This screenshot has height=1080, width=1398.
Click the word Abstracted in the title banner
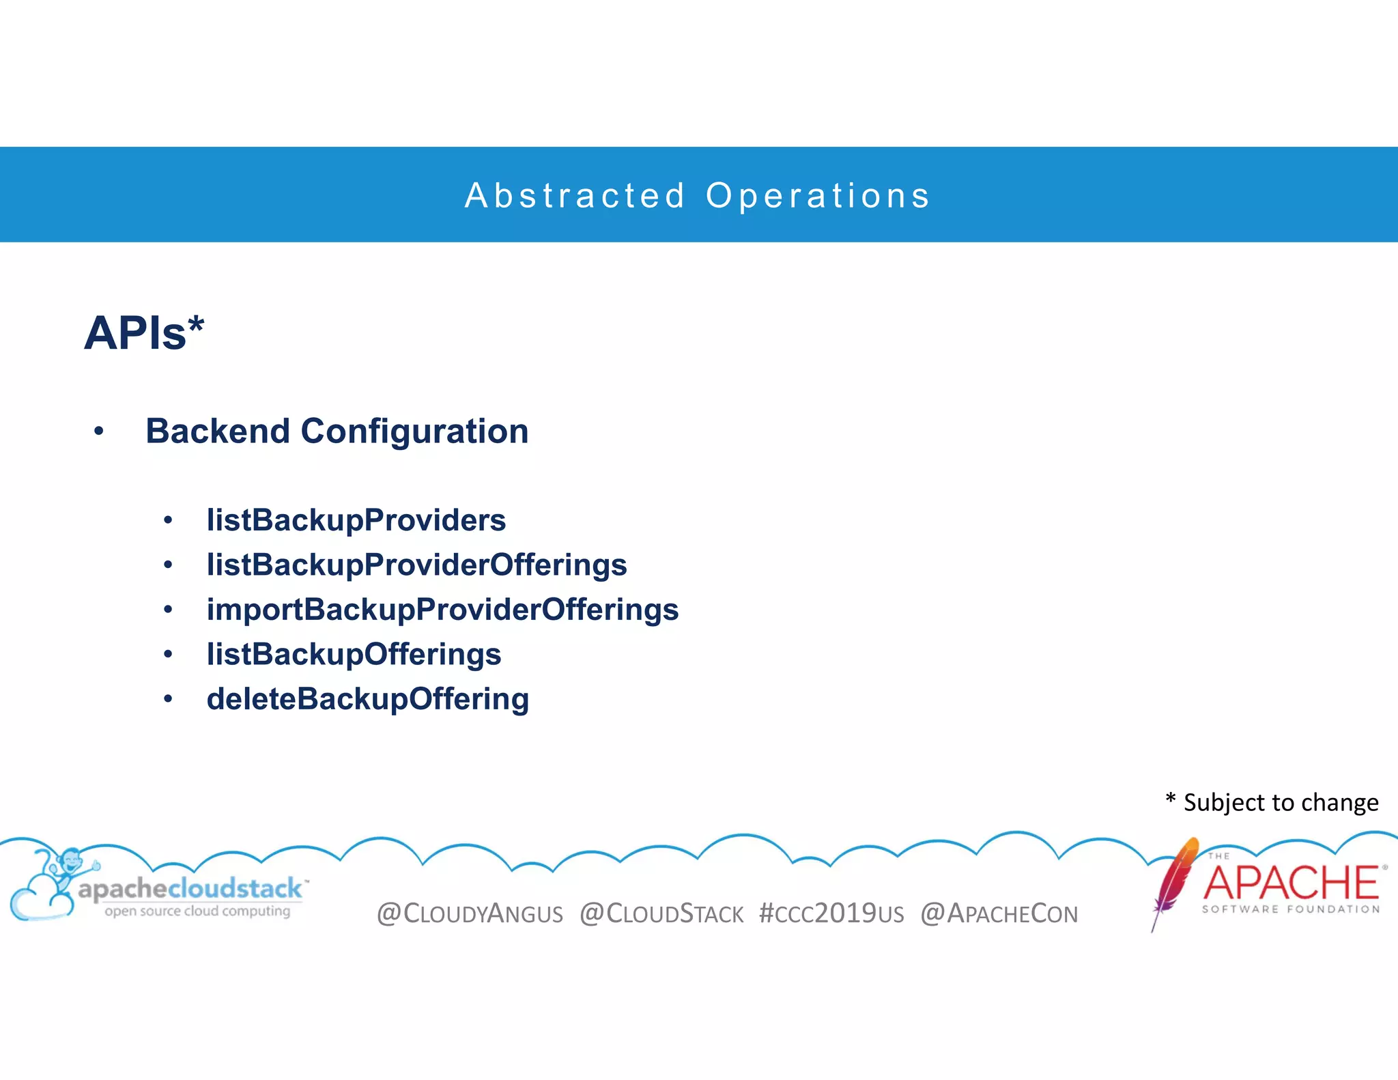[575, 196]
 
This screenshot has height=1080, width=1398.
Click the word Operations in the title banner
[818, 196]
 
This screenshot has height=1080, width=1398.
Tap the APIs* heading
[144, 334]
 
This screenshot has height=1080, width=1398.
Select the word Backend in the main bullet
[218, 431]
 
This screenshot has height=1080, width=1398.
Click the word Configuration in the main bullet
[414, 431]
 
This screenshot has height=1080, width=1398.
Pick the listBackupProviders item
[356, 520]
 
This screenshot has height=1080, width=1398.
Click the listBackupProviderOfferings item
[416, 565]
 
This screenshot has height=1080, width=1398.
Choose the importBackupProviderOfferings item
[442, 610]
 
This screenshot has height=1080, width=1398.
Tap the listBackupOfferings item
[354, 654]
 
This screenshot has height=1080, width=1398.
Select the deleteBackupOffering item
[367, 699]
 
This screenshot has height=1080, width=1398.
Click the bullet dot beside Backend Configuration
[99, 431]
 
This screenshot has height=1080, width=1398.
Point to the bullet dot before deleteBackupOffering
[168, 699]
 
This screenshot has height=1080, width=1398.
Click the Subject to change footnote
[1272, 802]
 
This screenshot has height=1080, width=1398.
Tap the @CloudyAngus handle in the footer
[470, 913]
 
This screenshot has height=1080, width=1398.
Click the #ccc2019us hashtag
[831, 913]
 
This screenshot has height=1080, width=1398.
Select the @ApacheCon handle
[999, 913]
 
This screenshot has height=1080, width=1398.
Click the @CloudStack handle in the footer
[661, 913]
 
